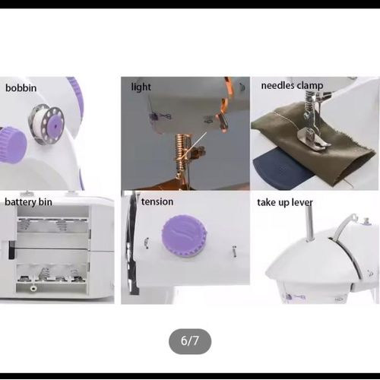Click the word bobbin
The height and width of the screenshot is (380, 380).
click(21, 88)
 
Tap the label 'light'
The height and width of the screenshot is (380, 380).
click(141, 87)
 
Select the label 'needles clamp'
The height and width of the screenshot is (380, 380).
click(292, 86)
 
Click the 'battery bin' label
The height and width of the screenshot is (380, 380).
click(28, 202)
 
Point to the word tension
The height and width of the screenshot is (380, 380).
click(157, 201)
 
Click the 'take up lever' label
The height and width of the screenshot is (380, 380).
click(285, 202)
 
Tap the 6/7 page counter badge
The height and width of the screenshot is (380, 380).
click(190, 341)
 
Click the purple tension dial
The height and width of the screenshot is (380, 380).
click(184, 236)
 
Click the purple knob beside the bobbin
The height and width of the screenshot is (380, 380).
click(12, 144)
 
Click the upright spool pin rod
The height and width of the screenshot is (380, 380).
click(309, 223)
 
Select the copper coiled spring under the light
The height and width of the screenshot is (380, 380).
click(181, 147)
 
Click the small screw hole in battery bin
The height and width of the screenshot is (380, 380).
click(33, 288)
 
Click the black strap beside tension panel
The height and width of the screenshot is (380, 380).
click(132, 243)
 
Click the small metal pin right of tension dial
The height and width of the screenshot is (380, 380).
click(235, 252)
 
